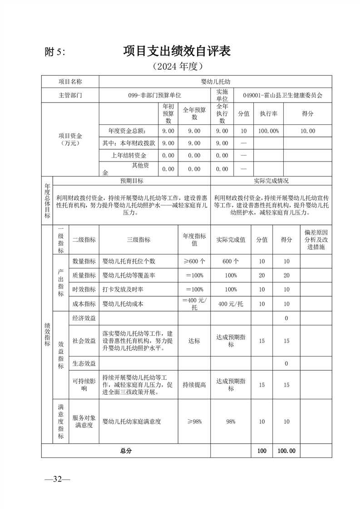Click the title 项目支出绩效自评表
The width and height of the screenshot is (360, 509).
[x=177, y=51]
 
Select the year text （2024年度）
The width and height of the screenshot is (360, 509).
[x=177, y=67]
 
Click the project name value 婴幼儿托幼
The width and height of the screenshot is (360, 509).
[x=216, y=82]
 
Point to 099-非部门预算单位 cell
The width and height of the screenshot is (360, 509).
[x=154, y=96]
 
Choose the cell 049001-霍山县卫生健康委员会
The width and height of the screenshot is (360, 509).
[x=282, y=96]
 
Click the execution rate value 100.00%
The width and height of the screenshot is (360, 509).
[x=268, y=131]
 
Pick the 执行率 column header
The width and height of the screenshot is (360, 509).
[x=268, y=113]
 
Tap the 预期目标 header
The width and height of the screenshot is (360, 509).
[x=132, y=181]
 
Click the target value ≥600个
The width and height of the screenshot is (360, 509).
[x=194, y=261]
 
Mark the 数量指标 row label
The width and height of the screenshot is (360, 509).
[x=84, y=261]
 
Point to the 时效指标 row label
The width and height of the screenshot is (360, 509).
[x=84, y=289]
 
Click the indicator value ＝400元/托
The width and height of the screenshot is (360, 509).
[x=194, y=304]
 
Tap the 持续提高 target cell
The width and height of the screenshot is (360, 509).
[x=194, y=385]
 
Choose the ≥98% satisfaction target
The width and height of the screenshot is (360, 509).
[x=194, y=421]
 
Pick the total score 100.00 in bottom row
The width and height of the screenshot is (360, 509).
[x=286, y=451]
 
